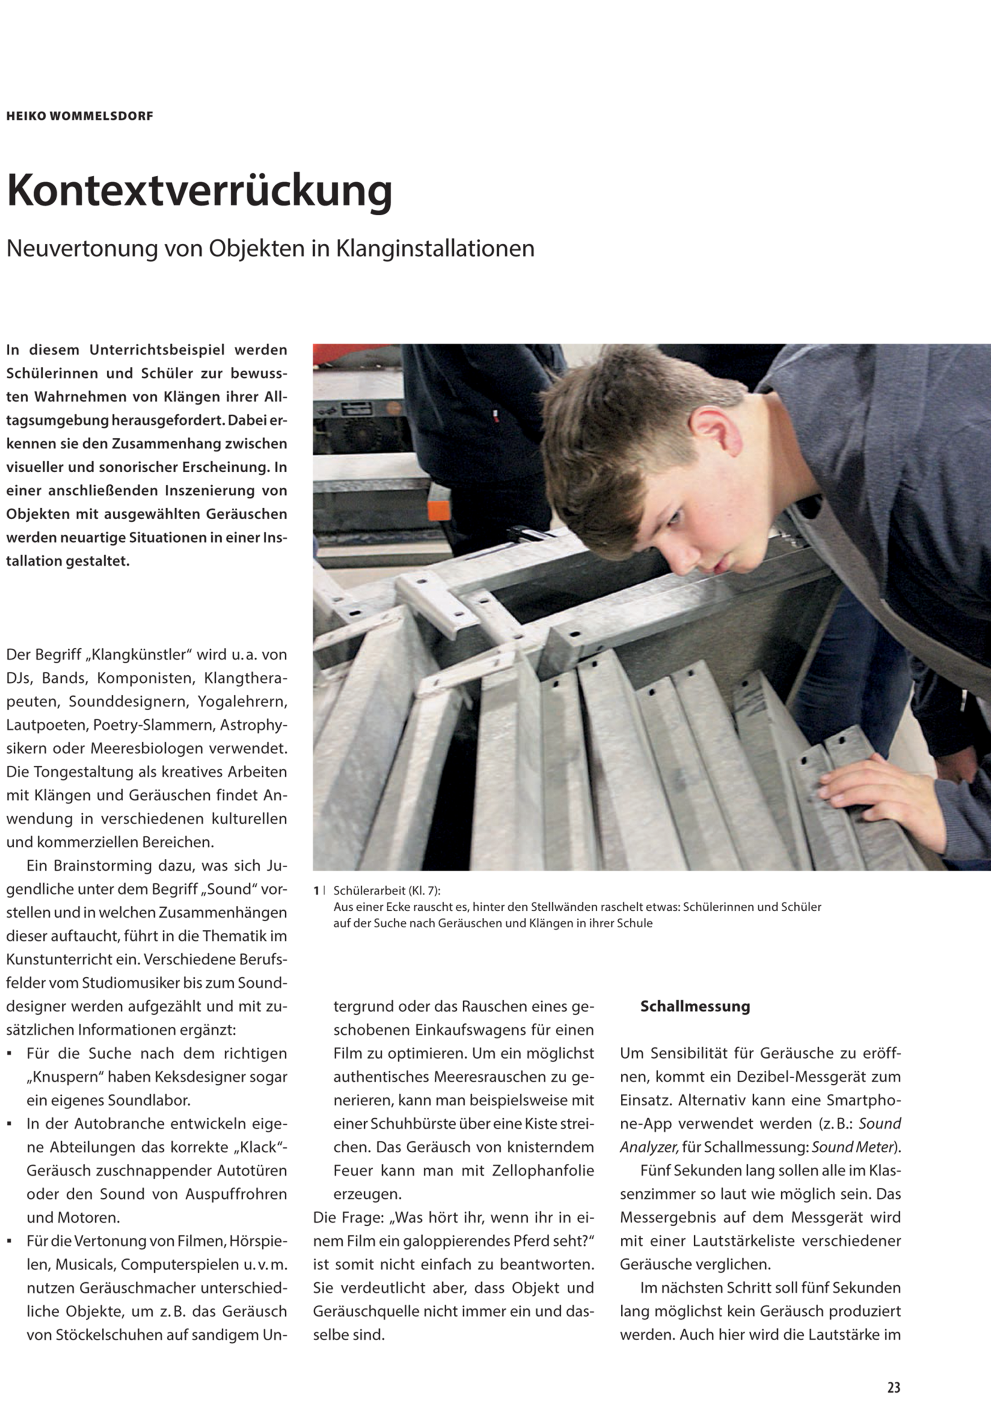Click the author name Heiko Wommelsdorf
[80, 116]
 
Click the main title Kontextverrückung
[199, 191]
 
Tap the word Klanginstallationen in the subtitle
[435, 249]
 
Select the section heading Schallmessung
[695, 1006]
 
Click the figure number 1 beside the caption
[316, 891]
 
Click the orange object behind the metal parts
[439, 502]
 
